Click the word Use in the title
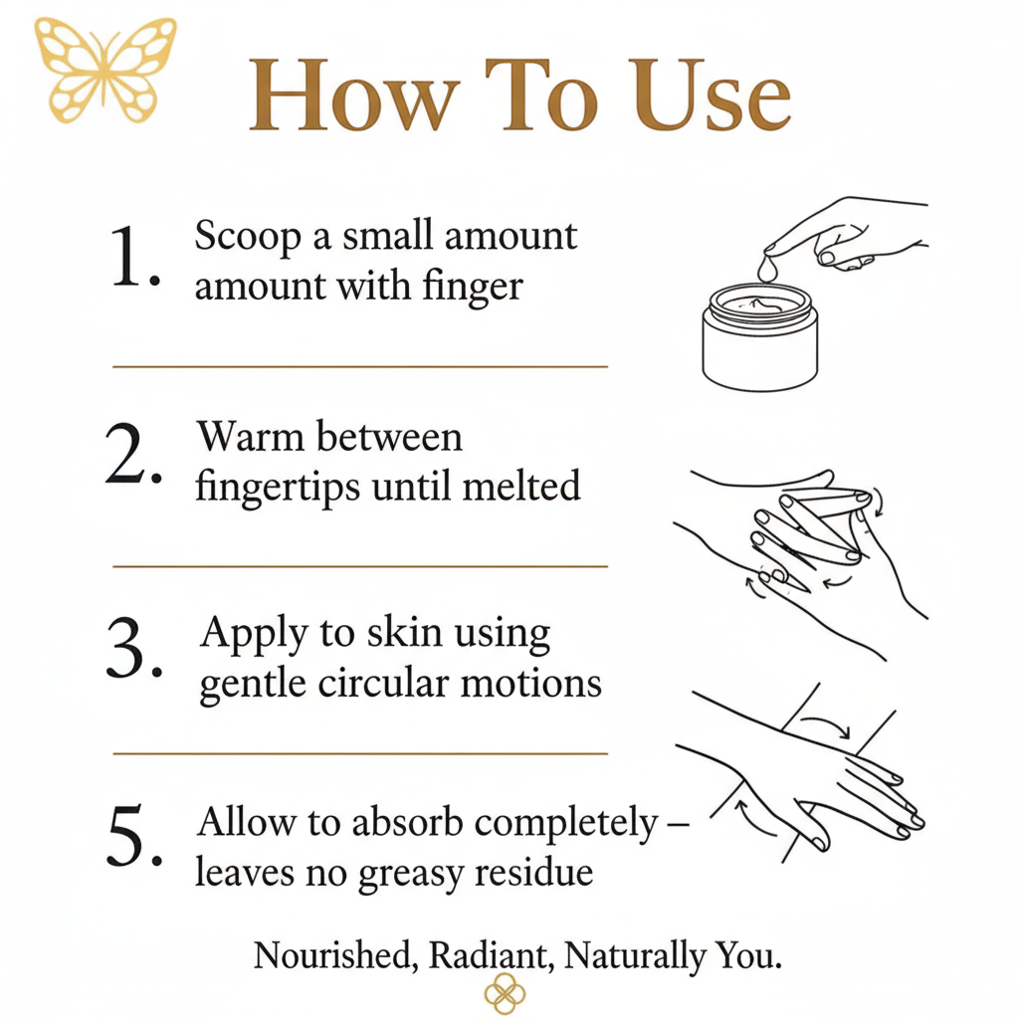click(713, 96)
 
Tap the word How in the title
click(354, 96)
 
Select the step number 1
click(135, 256)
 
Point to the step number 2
click(133, 453)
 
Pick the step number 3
click(134, 648)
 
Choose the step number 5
click(134, 835)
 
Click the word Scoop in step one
click(248, 237)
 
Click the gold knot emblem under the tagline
click(505, 994)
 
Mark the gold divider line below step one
click(360, 367)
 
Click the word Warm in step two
click(251, 436)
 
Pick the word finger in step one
click(473, 287)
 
